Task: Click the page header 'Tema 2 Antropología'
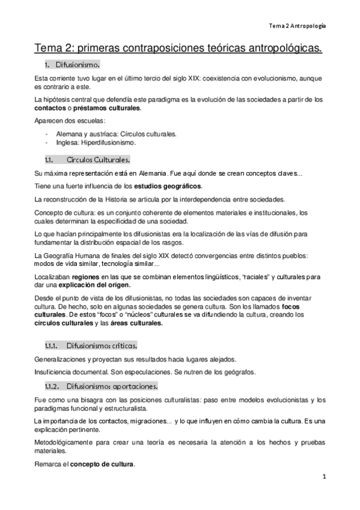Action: coord(297,26)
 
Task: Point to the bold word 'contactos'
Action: coord(50,108)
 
